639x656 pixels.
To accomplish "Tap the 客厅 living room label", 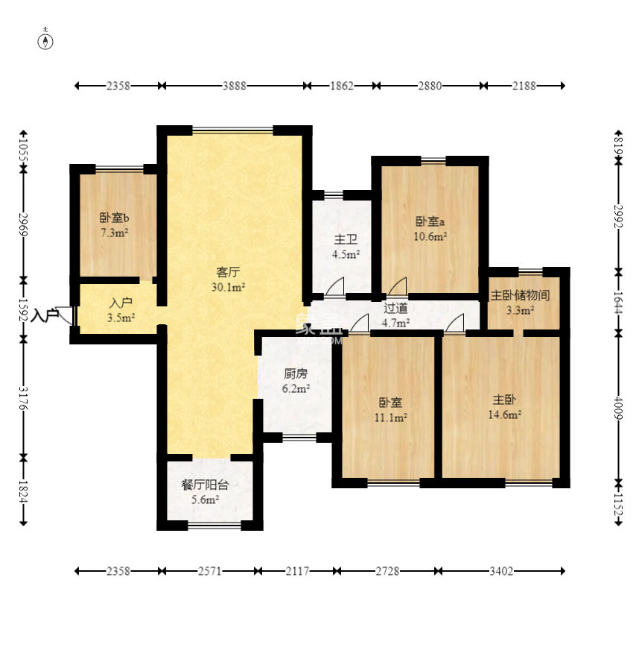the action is click(x=228, y=272).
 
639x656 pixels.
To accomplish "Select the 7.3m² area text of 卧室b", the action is click(x=115, y=233).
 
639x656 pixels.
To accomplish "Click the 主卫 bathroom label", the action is click(x=346, y=240).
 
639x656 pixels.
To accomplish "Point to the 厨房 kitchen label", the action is click(x=296, y=373).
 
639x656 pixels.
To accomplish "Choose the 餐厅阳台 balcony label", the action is click(x=206, y=485).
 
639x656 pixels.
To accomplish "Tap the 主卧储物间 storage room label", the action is click(x=520, y=295).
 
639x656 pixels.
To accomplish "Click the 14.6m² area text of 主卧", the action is click(x=504, y=414).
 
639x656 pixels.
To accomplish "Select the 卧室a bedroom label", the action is click(x=430, y=221).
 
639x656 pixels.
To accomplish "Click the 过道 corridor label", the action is click(x=395, y=308).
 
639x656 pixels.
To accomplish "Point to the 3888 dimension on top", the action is click(x=234, y=86).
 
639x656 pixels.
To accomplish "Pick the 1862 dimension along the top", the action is click(x=342, y=86).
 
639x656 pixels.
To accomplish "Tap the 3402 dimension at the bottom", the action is click(x=501, y=571).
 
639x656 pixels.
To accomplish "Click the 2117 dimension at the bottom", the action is click(x=297, y=571).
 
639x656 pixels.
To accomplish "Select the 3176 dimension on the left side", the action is click(x=24, y=398).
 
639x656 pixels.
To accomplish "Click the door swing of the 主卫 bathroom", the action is click(x=335, y=286).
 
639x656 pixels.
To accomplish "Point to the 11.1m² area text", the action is click(x=391, y=417).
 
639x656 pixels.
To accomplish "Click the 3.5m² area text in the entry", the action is click(x=121, y=318).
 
